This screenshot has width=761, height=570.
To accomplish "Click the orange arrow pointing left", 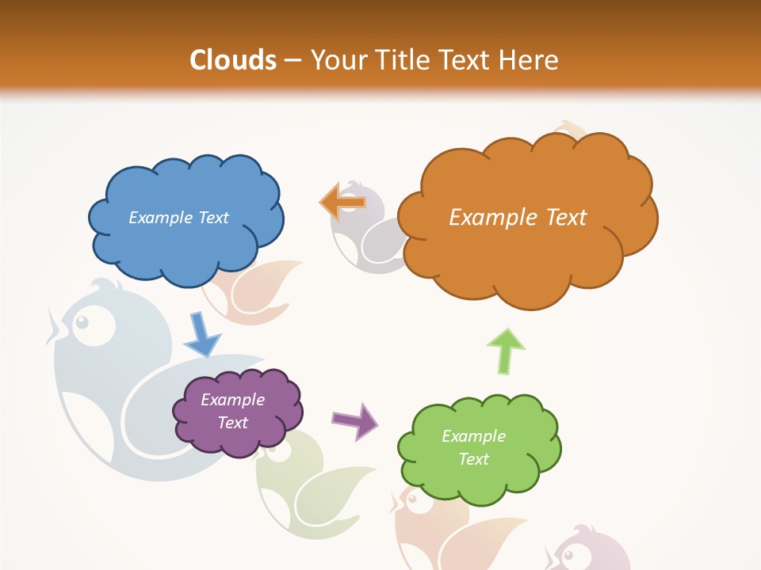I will point(342,201).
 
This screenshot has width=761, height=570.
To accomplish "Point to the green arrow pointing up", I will point(505,351).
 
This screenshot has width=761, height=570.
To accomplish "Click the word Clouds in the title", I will point(233,59).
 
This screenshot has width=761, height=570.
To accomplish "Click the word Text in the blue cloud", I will point(213,218).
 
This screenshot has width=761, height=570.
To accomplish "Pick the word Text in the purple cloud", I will point(233,423).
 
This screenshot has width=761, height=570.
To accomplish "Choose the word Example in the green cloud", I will point(473,436).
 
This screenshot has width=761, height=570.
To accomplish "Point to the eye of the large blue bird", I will point(82,322).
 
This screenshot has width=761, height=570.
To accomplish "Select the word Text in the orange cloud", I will point(567,218).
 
